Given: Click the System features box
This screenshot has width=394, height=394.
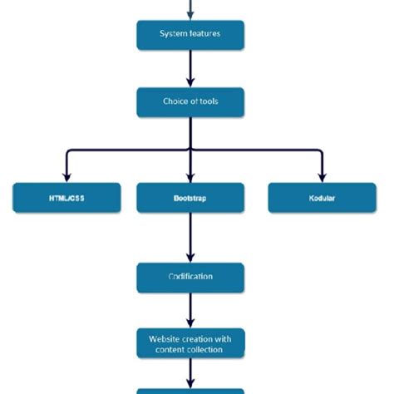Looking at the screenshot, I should click(x=190, y=34).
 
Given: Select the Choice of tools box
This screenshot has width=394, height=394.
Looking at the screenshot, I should click(x=190, y=102).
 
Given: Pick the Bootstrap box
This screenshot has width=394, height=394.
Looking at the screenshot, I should click(x=190, y=198).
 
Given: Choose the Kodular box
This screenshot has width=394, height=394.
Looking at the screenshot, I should click(x=322, y=198).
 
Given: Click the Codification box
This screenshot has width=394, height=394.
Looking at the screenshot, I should click(x=190, y=277).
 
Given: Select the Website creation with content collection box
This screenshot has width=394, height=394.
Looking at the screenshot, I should click(x=190, y=343).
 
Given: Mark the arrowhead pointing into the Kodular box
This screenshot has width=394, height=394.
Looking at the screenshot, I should click(x=321, y=176).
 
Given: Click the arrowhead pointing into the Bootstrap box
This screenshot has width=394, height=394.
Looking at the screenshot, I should click(x=190, y=176).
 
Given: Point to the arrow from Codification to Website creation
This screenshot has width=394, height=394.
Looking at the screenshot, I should click(x=190, y=309).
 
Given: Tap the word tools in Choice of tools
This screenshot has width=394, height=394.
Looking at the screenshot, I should click(x=207, y=102).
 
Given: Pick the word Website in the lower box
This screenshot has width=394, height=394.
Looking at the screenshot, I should click(x=165, y=338).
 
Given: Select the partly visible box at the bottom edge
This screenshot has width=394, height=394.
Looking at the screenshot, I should click(x=190, y=390).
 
